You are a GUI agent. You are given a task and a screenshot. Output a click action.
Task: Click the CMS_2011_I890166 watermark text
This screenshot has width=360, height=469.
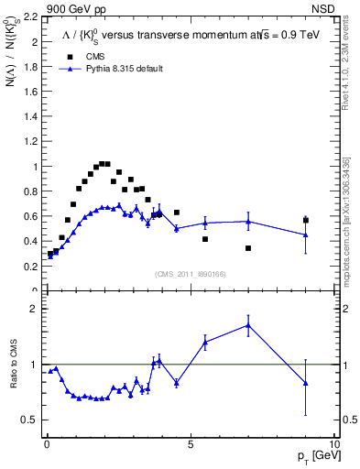190,274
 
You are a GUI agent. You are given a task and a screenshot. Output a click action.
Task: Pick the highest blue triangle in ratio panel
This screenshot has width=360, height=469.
248,325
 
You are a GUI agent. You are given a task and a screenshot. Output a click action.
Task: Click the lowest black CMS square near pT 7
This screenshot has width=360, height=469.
248,248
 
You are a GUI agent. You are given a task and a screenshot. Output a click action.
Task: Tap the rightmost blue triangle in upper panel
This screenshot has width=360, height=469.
306,234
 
